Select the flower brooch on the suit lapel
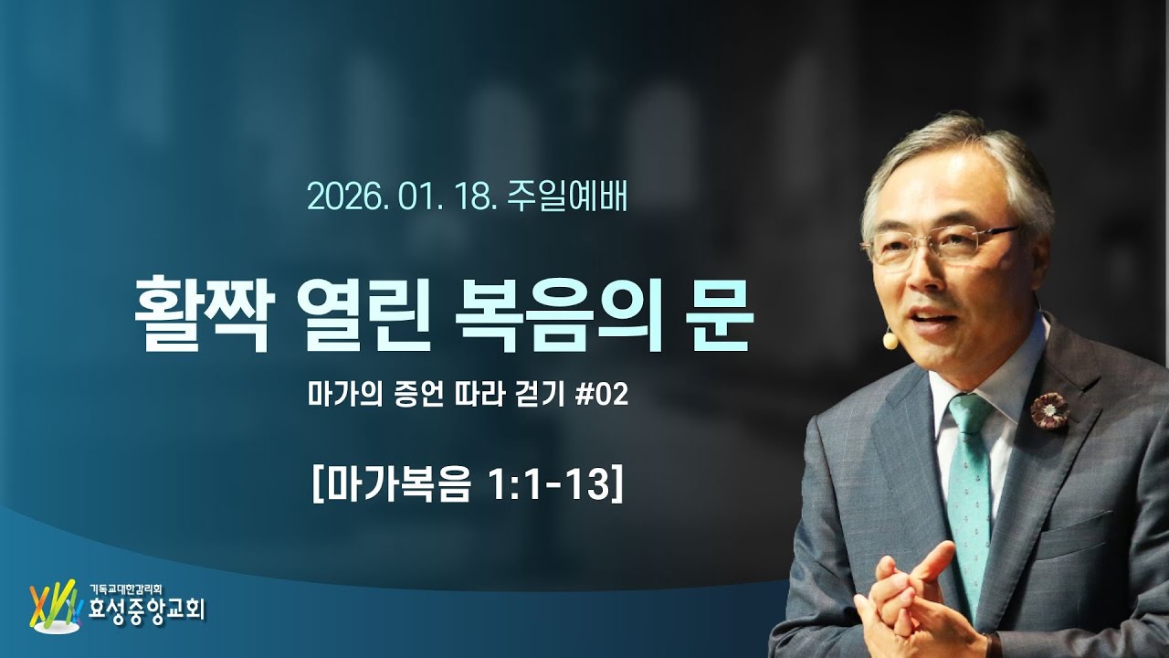pos(1049,410)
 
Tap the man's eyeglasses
pos(941,245)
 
